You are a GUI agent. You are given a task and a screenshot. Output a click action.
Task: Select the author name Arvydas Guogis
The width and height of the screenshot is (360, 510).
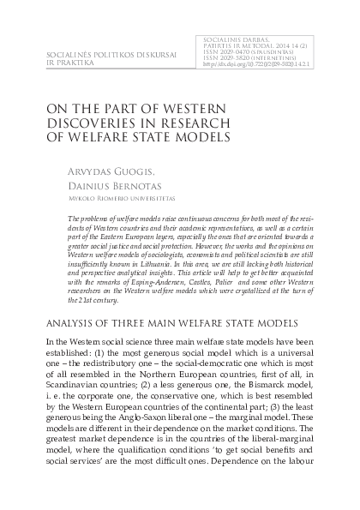point(123,171)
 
